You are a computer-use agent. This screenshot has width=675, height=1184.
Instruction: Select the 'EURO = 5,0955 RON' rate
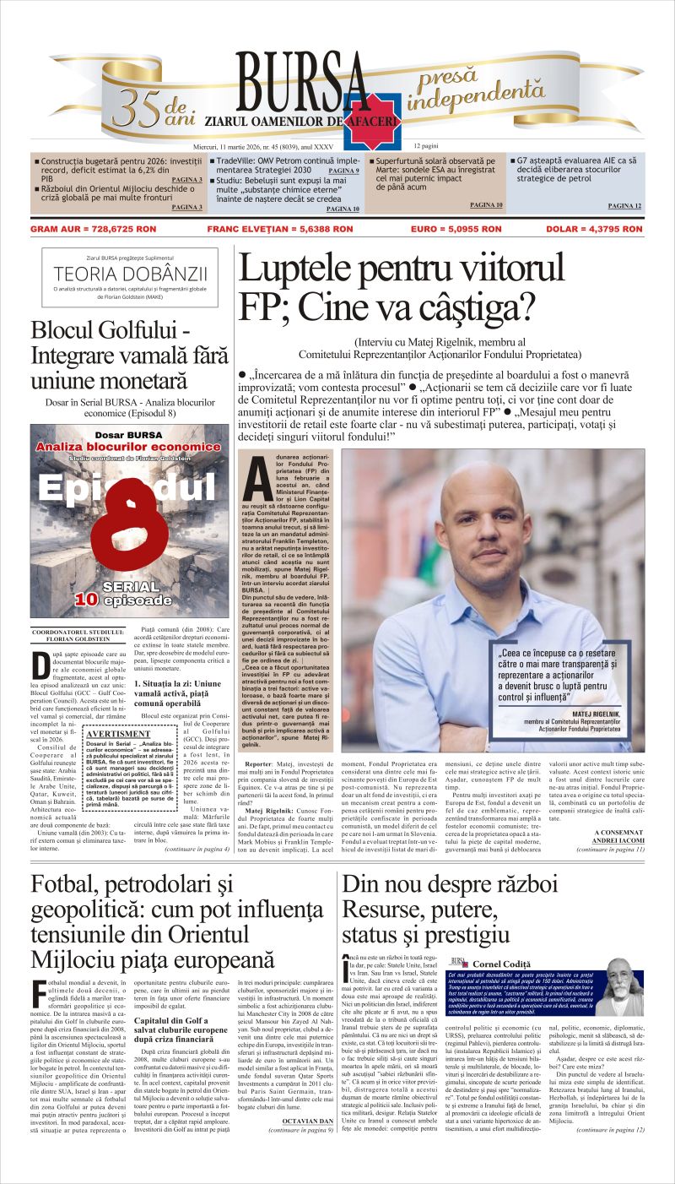459,228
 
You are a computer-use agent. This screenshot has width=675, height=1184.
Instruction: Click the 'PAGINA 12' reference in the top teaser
624,206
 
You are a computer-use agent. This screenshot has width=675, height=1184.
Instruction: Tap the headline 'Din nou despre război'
449,885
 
